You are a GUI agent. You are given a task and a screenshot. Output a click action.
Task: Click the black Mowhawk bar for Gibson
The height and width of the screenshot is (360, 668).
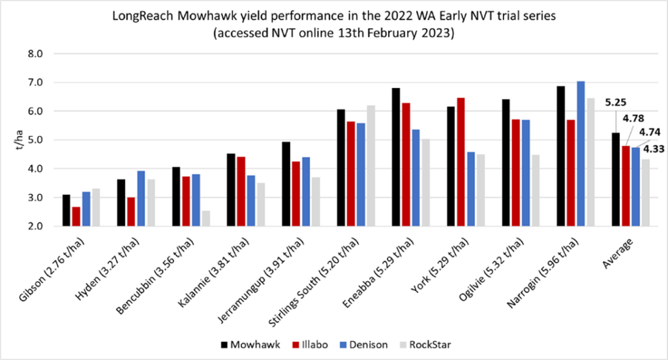pos(67,210)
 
